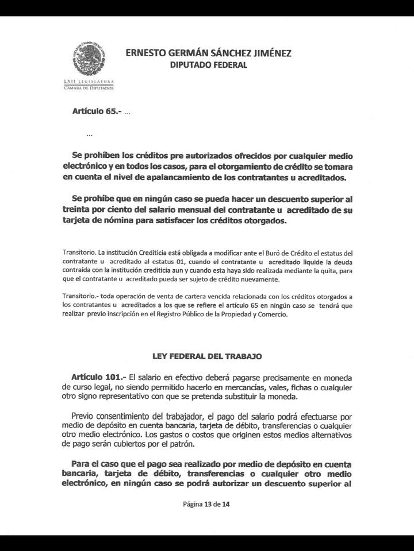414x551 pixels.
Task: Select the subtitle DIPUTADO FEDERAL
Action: point(208,65)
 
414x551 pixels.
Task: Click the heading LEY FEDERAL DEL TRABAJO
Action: point(207,356)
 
